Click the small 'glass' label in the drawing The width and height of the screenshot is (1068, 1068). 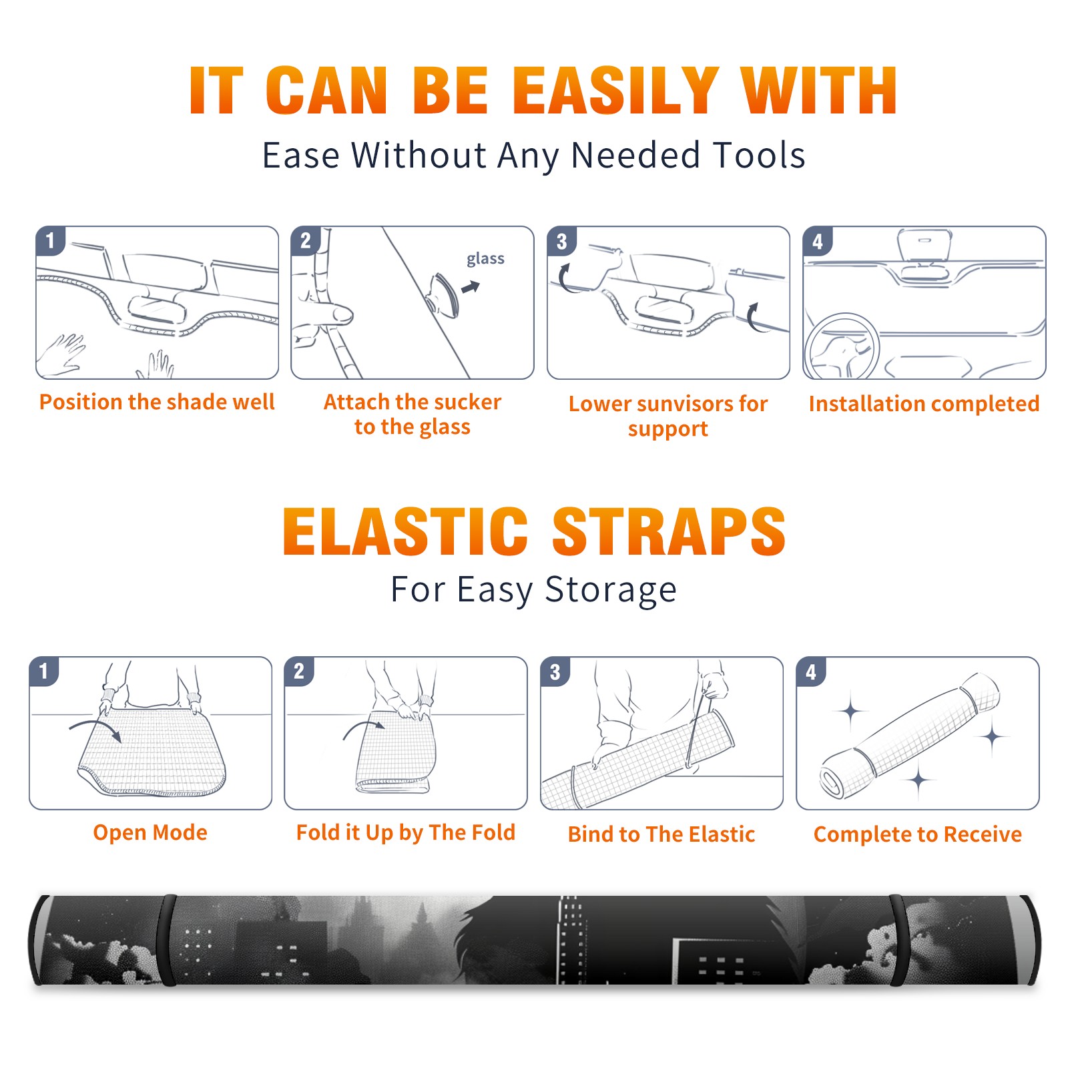pyautogui.click(x=485, y=259)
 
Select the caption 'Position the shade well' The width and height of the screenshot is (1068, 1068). pyautogui.click(x=157, y=402)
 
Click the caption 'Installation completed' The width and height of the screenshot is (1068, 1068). pyautogui.click(x=924, y=404)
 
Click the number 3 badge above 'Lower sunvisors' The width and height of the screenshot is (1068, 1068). pyautogui.click(x=561, y=242)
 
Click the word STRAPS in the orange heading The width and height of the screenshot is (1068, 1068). pyautogui.click(x=669, y=531)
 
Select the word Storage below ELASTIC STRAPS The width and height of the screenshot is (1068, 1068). pyautogui.click(x=611, y=590)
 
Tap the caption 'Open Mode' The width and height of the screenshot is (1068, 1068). pyautogui.click(x=150, y=832)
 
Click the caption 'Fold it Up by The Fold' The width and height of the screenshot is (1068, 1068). pyautogui.click(x=406, y=832)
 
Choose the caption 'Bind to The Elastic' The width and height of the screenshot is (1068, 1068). pyautogui.click(x=661, y=834)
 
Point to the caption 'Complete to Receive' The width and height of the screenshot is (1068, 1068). pyautogui.click(x=918, y=834)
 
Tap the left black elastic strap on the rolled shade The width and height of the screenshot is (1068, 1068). pyautogui.click(x=167, y=941)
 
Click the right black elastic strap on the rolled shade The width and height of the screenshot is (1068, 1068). pyautogui.click(x=898, y=941)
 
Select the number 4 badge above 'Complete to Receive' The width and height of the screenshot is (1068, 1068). pyautogui.click(x=811, y=672)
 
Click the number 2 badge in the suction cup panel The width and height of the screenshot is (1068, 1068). pyautogui.click(x=306, y=240)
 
